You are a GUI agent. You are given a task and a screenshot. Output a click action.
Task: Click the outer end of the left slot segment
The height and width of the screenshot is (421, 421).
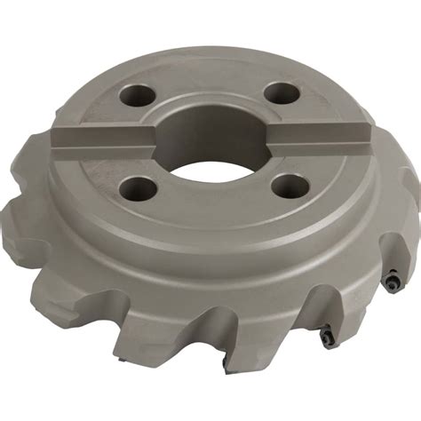pos(59,139)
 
